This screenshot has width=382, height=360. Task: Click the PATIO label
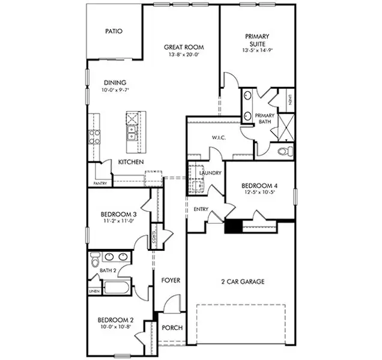pos(114,31)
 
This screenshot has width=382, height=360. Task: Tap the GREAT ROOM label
pos(184,47)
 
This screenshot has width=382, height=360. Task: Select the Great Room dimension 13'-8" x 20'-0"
pos(184,55)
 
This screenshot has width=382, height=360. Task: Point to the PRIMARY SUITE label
pos(257,40)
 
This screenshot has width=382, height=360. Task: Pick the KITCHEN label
pos(130,162)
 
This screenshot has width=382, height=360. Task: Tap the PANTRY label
pos(100,183)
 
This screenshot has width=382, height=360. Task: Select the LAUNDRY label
pos(211,173)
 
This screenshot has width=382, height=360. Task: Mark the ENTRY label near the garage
pos(201,209)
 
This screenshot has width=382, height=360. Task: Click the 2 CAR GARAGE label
pos(243,281)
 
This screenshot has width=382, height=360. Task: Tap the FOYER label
pos(171,280)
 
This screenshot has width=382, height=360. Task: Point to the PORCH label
pos(172,328)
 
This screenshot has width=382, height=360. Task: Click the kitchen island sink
pos(132,128)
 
